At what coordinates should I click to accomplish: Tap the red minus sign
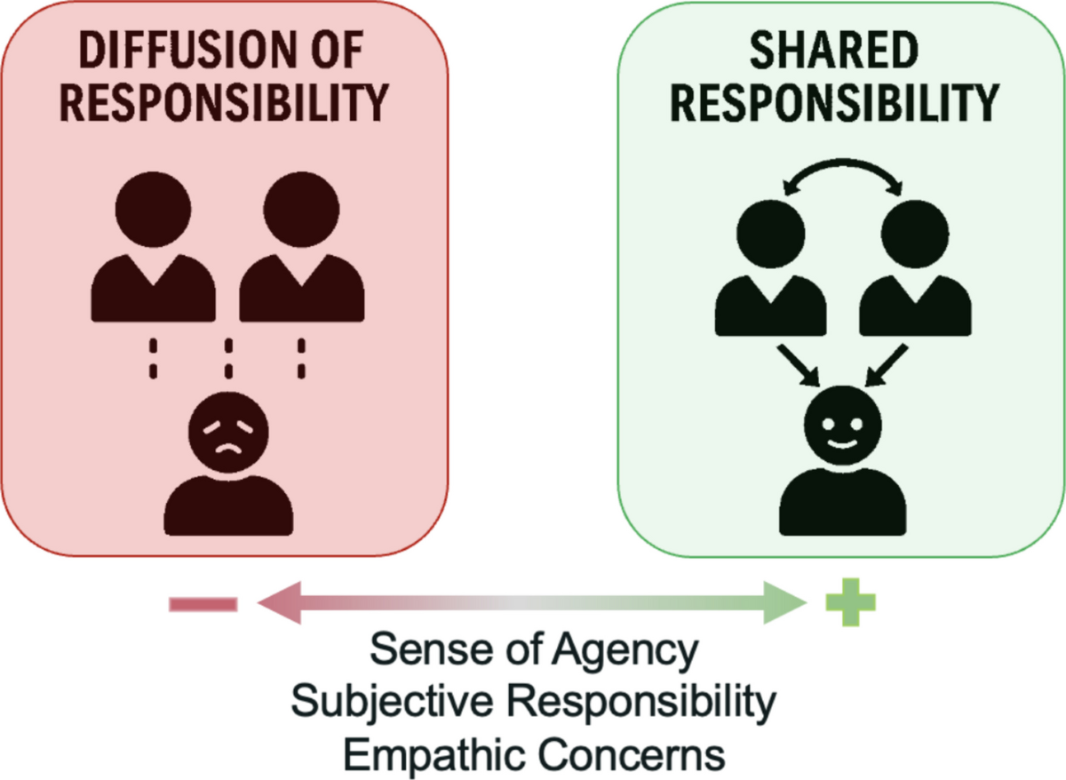(x=203, y=605)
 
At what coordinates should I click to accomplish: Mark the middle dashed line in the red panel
(x=228, y=358)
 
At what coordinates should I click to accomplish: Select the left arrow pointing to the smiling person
(x=799, y=367)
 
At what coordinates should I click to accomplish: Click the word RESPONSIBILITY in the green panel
(x=833, y=103)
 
